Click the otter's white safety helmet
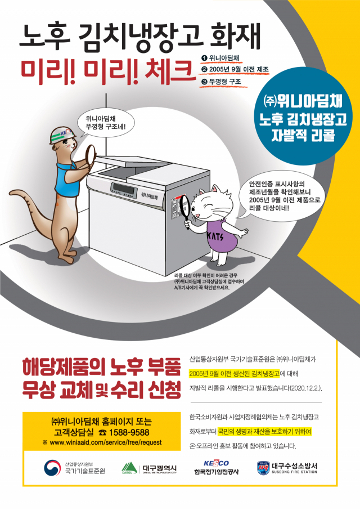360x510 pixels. click(62, 135)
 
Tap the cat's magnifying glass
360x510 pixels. click(184, 208)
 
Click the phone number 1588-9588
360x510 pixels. click(129, 432)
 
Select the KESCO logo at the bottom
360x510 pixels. click(216, 463)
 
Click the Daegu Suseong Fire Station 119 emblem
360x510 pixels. click(263, 468)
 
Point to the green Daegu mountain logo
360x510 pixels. click(129, 468)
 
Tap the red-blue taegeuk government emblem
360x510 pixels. click(52, 468)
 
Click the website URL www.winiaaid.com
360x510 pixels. click(105, 442)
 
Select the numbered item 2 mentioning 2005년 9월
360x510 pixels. click(236, 69)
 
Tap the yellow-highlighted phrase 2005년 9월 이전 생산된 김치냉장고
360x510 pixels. click(234, 374)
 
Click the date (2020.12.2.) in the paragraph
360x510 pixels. click(306, 388)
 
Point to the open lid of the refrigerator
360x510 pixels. click(133, 162)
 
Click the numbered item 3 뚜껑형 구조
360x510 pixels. click(222, 82)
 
